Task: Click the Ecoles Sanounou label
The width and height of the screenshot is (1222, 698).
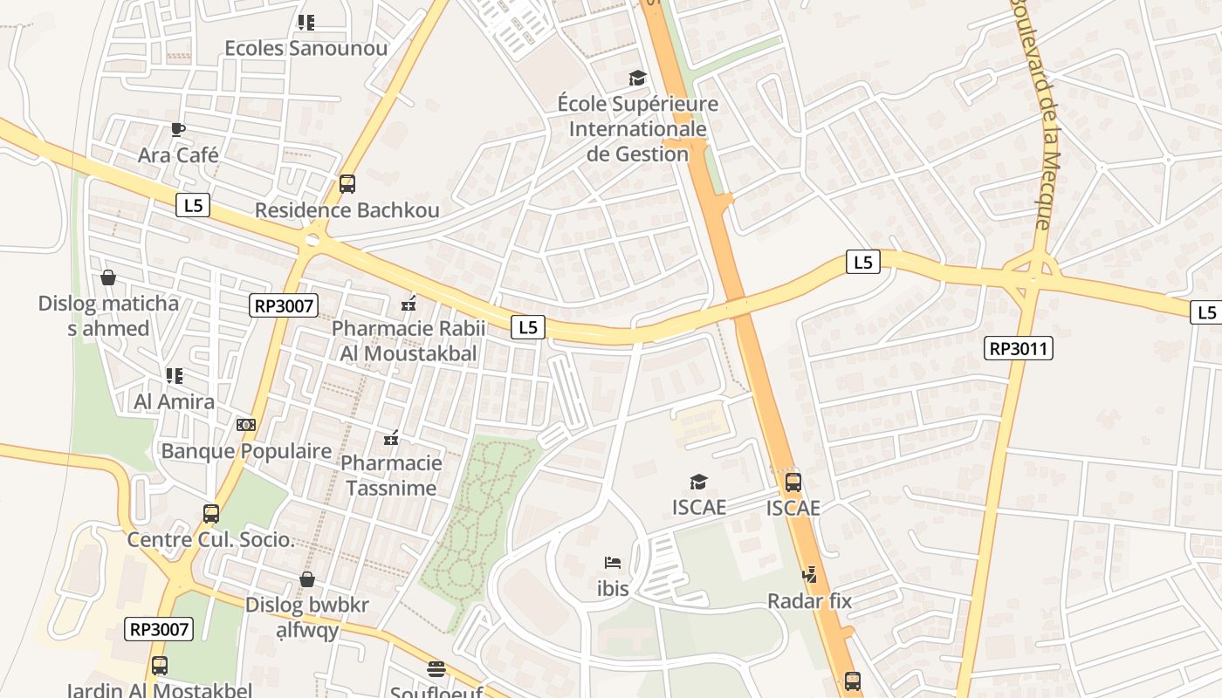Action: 305,48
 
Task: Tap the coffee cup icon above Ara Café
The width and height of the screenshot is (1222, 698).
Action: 178,130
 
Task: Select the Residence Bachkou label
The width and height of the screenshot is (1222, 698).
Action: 347,210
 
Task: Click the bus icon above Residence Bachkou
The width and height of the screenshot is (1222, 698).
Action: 347,184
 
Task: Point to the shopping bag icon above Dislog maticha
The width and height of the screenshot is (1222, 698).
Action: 108,277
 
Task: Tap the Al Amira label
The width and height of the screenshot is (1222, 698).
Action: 174,401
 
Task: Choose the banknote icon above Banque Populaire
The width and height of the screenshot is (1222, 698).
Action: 246,425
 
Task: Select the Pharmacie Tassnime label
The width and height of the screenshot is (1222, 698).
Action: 391,475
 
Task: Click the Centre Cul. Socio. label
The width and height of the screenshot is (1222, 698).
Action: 210,539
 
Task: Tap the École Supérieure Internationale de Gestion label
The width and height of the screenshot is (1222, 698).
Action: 637,129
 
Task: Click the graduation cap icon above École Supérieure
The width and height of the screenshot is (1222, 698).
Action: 638,79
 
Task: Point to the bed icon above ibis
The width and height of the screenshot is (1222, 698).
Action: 613,563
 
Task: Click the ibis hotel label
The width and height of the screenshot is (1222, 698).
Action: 613,589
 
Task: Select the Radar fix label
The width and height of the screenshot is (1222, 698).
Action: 809,600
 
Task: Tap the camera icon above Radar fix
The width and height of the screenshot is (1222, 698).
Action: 810,574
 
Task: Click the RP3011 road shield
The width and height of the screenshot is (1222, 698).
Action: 1019,349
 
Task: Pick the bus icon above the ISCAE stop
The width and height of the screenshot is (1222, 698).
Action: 793,482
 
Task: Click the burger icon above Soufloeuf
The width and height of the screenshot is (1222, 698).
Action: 436,669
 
